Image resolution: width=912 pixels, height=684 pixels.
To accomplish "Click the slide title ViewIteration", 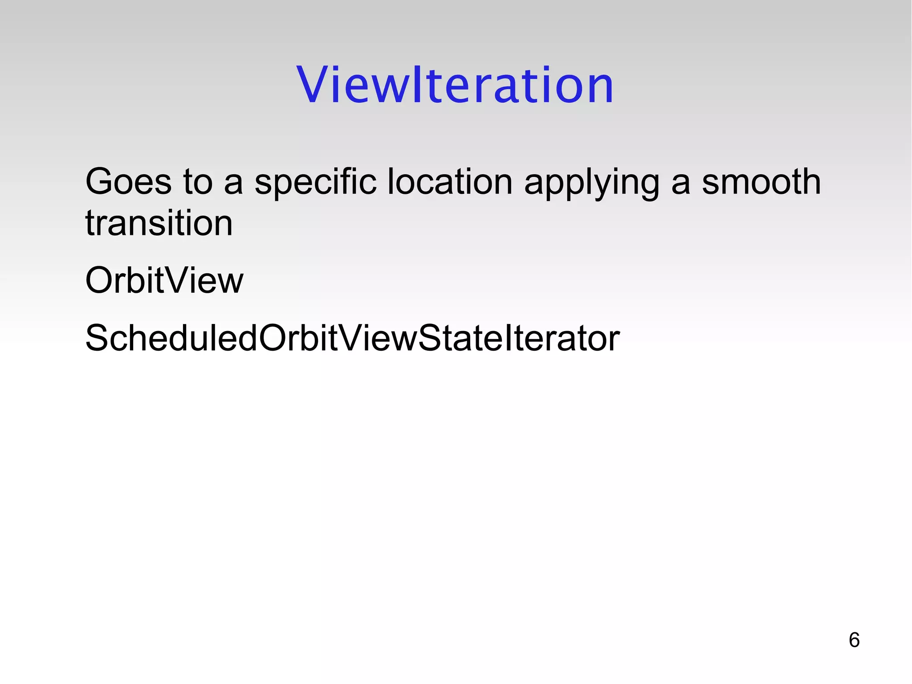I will tap(455, 85).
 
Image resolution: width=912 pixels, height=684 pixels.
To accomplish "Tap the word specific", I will tap(315, 182).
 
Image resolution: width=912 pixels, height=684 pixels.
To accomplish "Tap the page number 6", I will tap(854, 640).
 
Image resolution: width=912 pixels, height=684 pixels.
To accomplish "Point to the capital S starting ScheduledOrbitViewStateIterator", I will tap(98, 338).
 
